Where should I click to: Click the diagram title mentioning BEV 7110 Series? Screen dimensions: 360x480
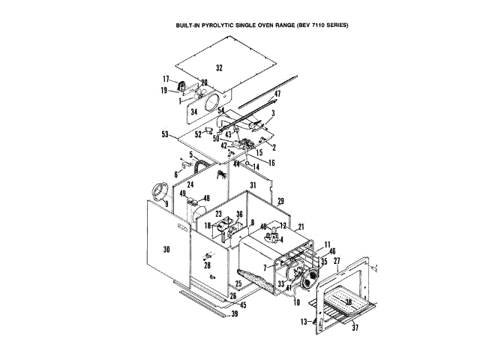pos(262,25)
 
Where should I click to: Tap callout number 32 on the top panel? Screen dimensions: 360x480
pos(219,67)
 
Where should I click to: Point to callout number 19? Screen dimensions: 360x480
pos(164,90)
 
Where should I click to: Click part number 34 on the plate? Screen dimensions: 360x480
pos(193,112)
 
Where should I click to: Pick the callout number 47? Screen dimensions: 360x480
pos(276,94)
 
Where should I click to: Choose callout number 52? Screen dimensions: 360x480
pos(198,134)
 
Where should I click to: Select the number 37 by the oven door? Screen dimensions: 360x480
pos(355,327)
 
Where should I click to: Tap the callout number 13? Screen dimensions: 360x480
pos(304,321)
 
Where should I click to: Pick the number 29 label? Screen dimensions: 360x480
pos(280,202)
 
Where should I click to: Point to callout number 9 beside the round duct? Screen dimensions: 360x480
pos(166,203)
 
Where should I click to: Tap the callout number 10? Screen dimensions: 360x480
pos(296,302)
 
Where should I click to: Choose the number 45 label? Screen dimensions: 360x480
pos(241,304)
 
